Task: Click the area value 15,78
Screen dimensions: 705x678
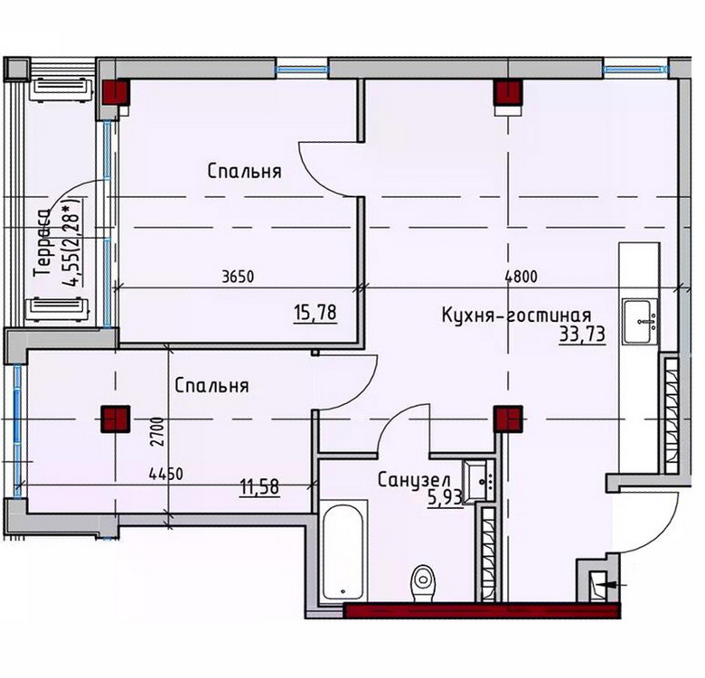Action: coord(315,313)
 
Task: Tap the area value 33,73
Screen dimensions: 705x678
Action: coord(582,334)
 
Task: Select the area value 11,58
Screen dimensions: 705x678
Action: coord(259,487)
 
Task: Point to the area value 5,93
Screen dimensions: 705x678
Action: coord(445,498)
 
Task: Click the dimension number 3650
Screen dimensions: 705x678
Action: coord(238,277)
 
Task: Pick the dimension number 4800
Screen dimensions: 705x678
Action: coord(522,276)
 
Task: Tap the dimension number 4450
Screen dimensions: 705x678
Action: coord(166,474)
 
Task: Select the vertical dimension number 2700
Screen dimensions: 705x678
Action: coord(157,431)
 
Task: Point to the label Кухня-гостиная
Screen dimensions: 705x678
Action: coord(517,315)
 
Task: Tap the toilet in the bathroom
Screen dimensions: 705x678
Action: coord(423,582)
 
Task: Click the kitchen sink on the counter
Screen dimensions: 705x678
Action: coord(640,322)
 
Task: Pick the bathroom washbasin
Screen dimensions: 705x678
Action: coord(478,481)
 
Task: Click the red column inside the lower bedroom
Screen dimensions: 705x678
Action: coord(116,419)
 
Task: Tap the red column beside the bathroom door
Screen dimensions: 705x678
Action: coord(509,419)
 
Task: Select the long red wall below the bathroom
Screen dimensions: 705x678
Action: coord(482,611)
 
